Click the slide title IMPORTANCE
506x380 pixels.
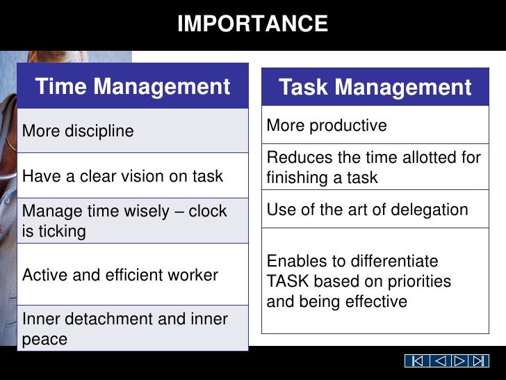252,24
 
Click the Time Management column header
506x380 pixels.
132,87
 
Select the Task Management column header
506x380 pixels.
375,88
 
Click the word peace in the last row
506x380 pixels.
44,340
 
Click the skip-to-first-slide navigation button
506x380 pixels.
416,361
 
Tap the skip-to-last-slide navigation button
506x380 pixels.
479,361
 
